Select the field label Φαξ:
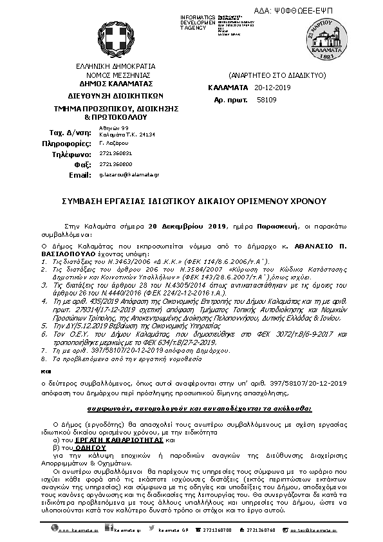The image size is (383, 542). pyautogui.click(x=77, y=164)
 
